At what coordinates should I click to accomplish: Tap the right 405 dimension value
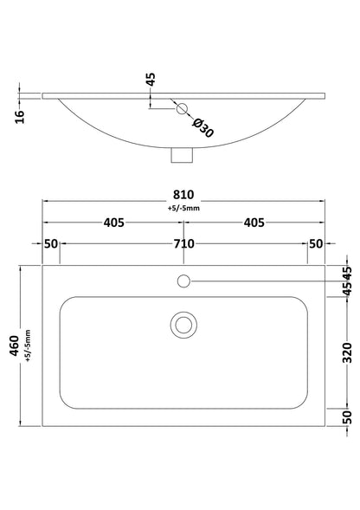(254, 223)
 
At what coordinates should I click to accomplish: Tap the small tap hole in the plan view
(183, 280)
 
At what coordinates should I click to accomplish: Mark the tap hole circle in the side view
(181, 108)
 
